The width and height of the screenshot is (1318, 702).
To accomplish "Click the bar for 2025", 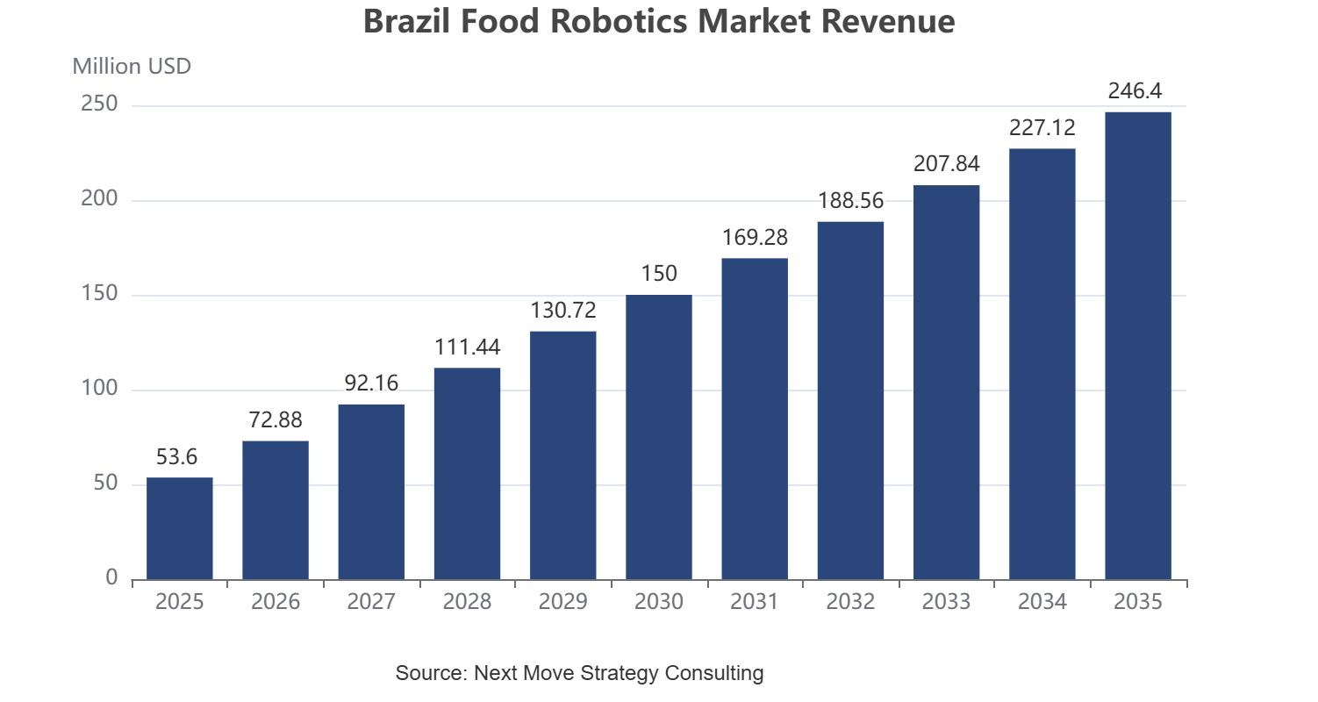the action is coord(180,528).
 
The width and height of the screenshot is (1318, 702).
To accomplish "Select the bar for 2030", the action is coord(659,437).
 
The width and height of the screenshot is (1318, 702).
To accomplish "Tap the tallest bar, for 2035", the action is coord(1138,346).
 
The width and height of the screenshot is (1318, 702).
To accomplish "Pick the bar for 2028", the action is coord(467,474).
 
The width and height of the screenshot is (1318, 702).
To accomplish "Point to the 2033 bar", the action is coord(947,383).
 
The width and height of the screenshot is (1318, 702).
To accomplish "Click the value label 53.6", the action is coord(176,456).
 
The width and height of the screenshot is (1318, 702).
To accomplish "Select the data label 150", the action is coord(659,273).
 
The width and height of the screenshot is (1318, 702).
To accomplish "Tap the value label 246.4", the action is coord(1135,90).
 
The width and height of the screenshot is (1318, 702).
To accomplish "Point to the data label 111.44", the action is coord(467,347).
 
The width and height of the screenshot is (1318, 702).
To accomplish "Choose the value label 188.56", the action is coord(851,201).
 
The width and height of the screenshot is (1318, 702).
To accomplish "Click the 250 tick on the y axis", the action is coord(99,104).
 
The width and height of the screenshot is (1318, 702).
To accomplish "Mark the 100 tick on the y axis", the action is coord(99,389).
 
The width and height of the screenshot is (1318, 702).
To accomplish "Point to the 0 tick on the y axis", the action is coord(111,578).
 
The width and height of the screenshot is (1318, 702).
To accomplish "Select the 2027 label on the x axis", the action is coord(371,601).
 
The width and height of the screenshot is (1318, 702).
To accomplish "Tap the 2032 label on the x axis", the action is coord(850,601).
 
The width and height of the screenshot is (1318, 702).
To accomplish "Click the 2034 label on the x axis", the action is coord(1042,601).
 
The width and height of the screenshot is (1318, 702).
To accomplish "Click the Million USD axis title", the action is coord(132,66).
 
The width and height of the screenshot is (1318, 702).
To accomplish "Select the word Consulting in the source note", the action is coord(714,672).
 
